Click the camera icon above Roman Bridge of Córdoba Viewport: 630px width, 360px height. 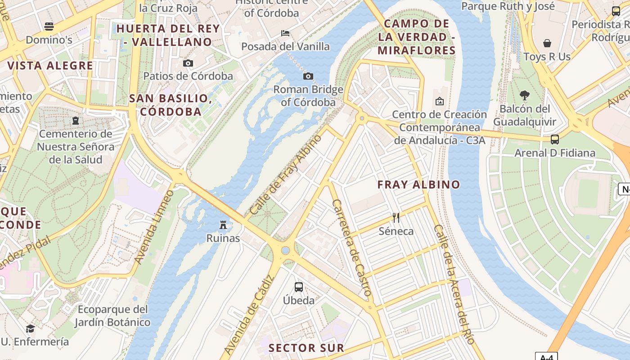(x=308, y=76)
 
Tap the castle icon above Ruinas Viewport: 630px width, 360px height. (x=223, y=224)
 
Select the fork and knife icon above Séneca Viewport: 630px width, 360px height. (x=396, y=218)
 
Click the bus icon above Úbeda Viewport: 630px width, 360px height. (x=298, y=287)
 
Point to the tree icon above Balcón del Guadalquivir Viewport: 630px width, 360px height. (x=524, y=95)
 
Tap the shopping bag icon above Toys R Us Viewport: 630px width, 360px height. (x=547, y=43)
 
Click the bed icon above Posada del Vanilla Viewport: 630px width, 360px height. (x=285, y=33)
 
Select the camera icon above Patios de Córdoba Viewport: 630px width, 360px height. (x=188, y=63)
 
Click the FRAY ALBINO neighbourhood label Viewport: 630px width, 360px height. (x=418, y=184)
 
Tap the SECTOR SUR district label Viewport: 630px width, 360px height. (x=306, y=348)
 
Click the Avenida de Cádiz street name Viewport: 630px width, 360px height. (x=248, y=315)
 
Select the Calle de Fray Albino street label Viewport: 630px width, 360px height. (x=286, y=175)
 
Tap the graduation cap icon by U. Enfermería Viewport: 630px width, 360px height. (x=30, y=328)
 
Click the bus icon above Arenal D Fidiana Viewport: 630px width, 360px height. (x=555, y=139)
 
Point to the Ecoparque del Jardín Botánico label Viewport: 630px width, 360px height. (x=112, y=316)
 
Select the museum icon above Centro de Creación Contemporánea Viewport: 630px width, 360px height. (x=440, y=101)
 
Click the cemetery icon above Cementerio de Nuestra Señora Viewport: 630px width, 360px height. (x=75, y=121)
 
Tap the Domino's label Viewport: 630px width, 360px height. (x=49, y=40)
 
